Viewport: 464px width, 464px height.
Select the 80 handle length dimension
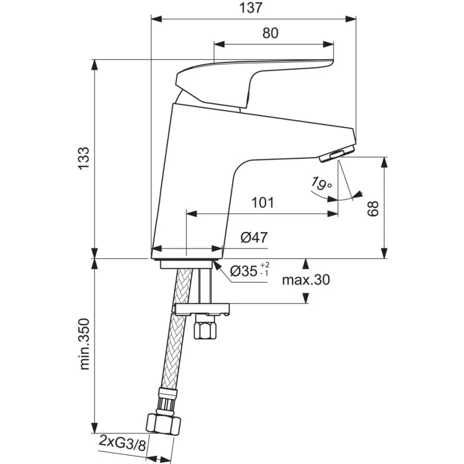pyautogui.click(x=270, y=33)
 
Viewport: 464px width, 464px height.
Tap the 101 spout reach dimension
pyautogui.click(x=262, y=203)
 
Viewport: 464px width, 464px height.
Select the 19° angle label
pyautogui.click(x=320, y=185)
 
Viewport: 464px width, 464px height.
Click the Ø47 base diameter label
pyautogui.click(x=253, y=237)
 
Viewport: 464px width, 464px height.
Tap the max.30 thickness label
pyautogui.click(x=306, y=280)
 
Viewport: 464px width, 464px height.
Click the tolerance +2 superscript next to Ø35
pyautogui.click(x=265, y=266)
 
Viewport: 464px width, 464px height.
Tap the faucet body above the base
pyautogui.click(x=198, y=176)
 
